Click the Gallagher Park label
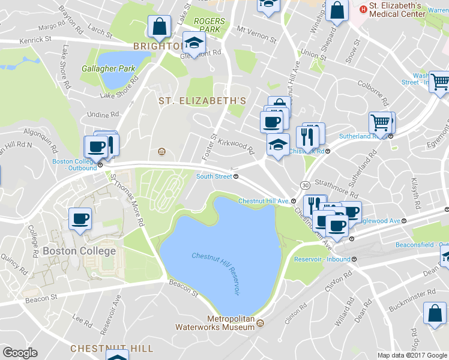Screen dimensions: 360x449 tap(109, 68)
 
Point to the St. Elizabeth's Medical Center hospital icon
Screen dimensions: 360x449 tap(363, 10)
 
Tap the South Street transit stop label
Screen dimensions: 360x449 tap(214, 176)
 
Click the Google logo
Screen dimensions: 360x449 tap(20, 353)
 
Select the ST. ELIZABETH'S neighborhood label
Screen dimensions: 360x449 tap(202, 101)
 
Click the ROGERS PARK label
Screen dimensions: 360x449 tap(209, 25)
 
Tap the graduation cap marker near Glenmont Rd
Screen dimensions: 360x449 tap(194, 43)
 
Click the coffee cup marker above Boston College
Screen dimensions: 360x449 tap(80, 219)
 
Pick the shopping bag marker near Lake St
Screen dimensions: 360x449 tap(160, 26)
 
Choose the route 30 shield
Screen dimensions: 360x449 tap(306, 184)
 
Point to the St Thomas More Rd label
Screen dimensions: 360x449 tap(127, 200)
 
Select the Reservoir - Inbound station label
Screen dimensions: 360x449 tap(322, 259)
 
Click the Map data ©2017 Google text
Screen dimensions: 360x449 tap(412, 355)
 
